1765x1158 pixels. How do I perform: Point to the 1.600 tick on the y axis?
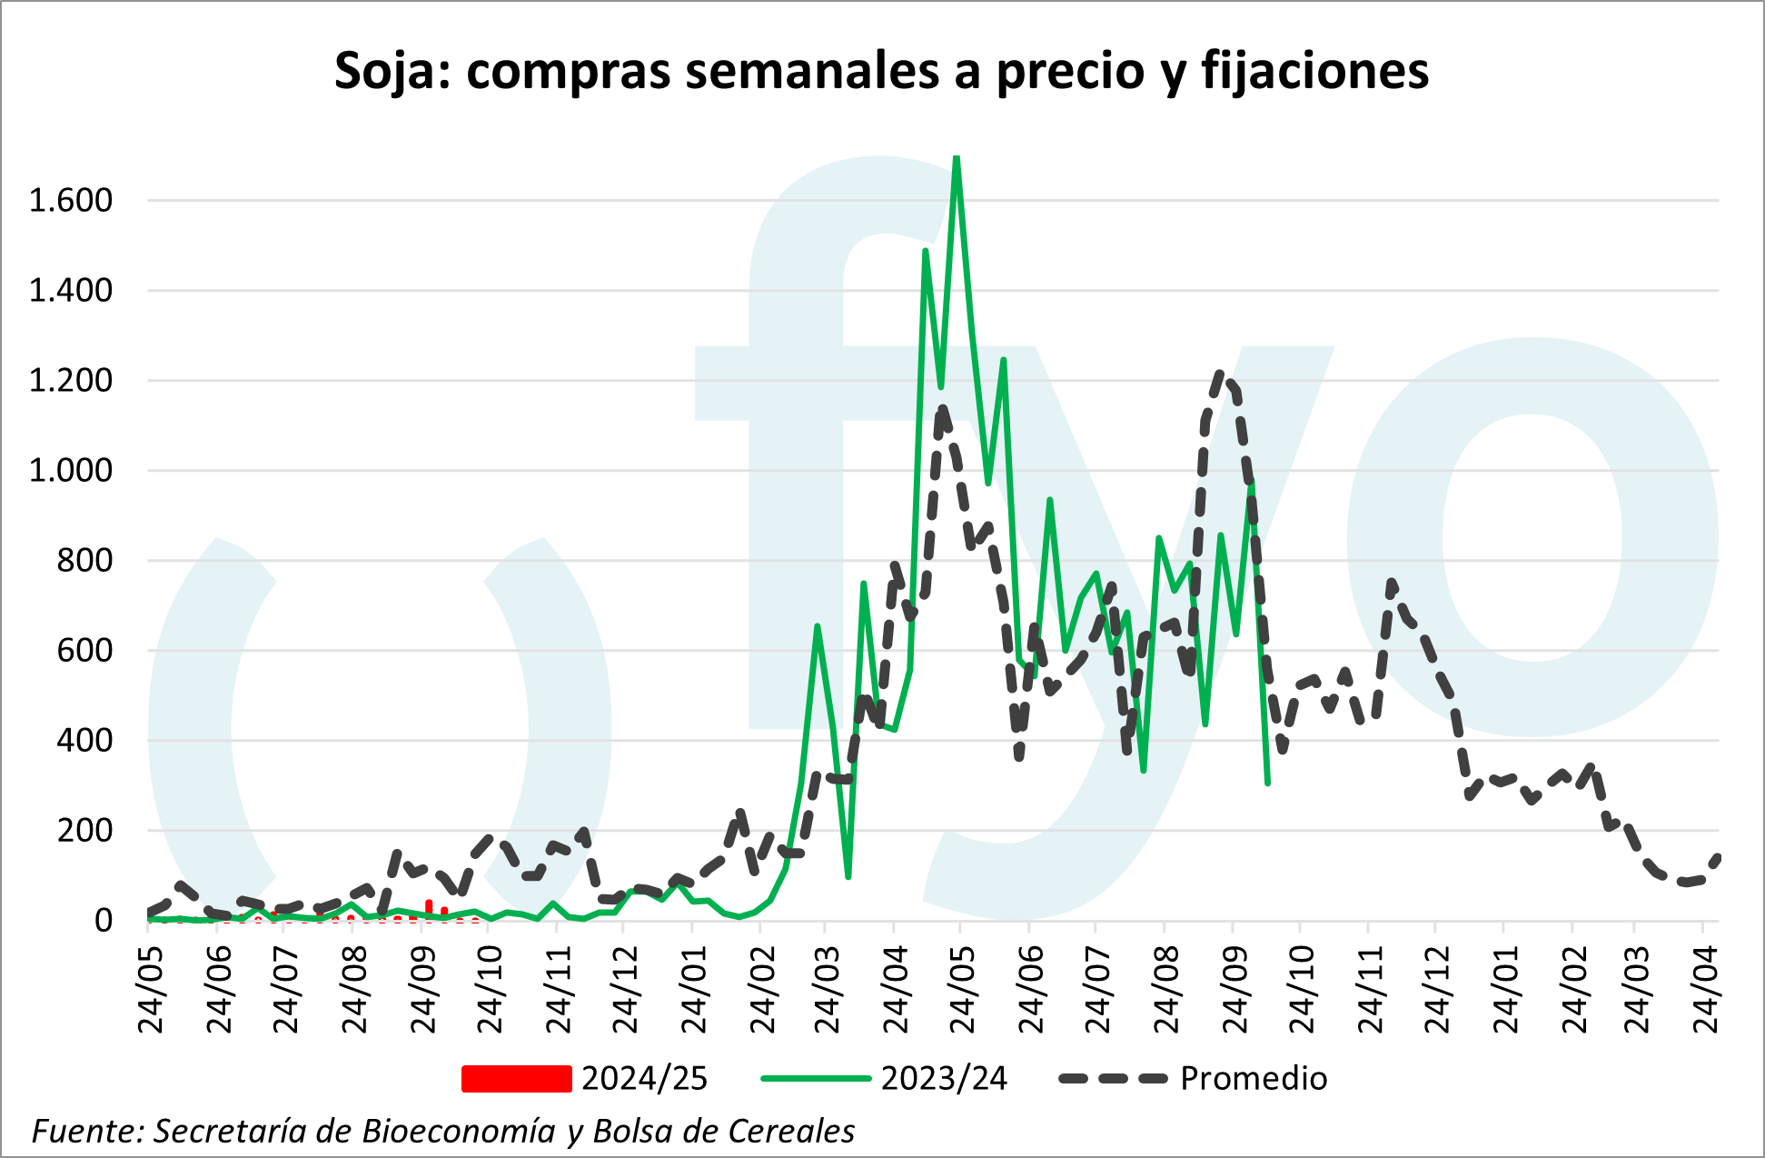pyautogui.click(x=71, y=200)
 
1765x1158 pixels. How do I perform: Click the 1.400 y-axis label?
pyautogui.click(x=71, y=291)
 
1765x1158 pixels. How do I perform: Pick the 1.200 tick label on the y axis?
pyautogui.click(x=71, y=381)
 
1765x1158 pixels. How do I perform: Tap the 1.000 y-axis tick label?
pyautogui.click(x=71, y=471)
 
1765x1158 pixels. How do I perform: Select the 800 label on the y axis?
pyautogui.click(x=84, y=561)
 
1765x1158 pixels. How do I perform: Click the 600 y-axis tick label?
pyautogui.click(x=84, y=651)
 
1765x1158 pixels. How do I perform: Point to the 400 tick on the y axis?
pyautogui.click(x=84, y=741)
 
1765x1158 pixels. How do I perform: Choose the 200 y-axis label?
pyautogui.click(x=84, y=831)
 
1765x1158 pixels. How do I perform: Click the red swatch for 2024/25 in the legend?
pyautogui.click(x=516, y=1078)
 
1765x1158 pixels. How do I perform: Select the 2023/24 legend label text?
pyautogui.click(x=944, y=1078)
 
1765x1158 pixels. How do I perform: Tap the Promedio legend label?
pyautogui.click(x=1254, y=1078)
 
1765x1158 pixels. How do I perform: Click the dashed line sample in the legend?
pyautogui.click(x=1113, y=1078)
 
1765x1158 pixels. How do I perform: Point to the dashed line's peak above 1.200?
pyautogui.click(x=1221, y=373)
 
